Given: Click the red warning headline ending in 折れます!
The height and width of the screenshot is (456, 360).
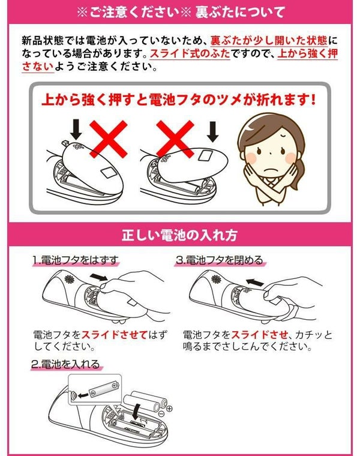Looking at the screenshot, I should [x=179, y=98].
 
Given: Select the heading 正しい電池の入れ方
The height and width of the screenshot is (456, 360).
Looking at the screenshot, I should [x=179, y=235].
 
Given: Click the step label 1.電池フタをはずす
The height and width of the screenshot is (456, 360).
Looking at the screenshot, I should [x=76, y=261].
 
